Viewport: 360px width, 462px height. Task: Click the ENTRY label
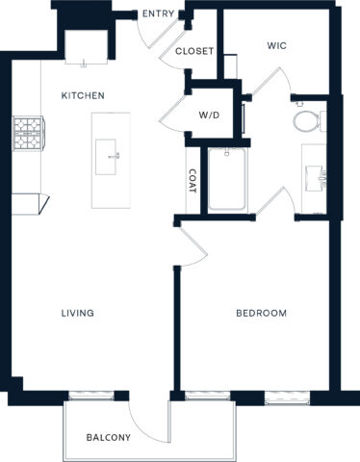click(x=157, y=13)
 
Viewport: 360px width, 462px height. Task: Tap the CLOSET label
click(x=194, y=51)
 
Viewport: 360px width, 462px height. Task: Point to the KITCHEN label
click(x=83, y=95)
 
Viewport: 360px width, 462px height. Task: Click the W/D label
click(x=210, y=115)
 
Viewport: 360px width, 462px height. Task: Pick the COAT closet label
click(x=193, y=182)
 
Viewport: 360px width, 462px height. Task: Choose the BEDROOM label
click(x=262, y=313)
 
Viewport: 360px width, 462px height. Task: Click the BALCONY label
click(x=108, y=438)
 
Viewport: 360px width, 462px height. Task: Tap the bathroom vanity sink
click(x=315, y=177)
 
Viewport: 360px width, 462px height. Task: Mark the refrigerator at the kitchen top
click(x=85, y=46)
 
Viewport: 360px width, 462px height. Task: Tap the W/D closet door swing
click(x=173, y=114)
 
